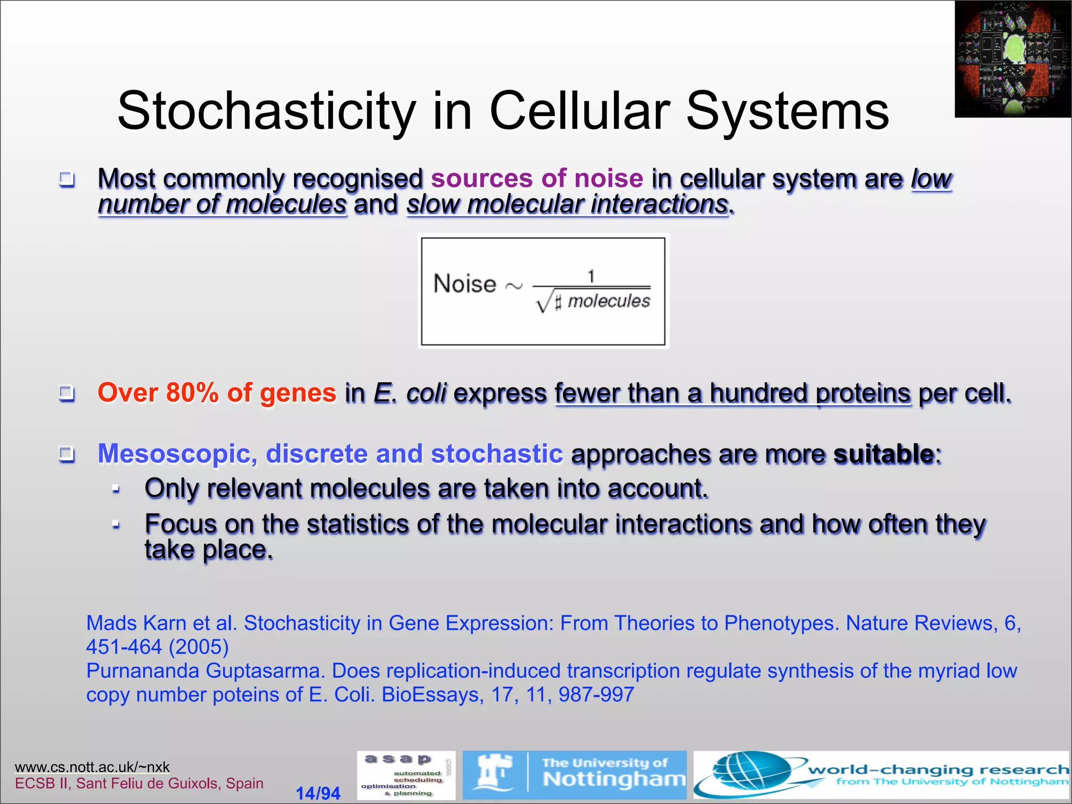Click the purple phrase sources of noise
click(537, 178)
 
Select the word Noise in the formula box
click(465, 284)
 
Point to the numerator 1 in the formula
click(591, 276)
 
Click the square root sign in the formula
click(544, 302)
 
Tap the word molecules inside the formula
click(609, 301)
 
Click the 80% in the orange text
click(192, 393)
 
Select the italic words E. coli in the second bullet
click(410, 393)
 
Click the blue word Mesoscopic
click(177, 453)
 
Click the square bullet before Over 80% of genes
click(66, 393)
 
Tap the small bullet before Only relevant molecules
click(116, 489)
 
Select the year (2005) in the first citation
click(199, 647)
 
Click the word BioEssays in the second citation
click(430, 695)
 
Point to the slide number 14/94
click(318, 793)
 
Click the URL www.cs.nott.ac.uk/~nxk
click(92, 767)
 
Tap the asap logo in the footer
click(406, 775)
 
